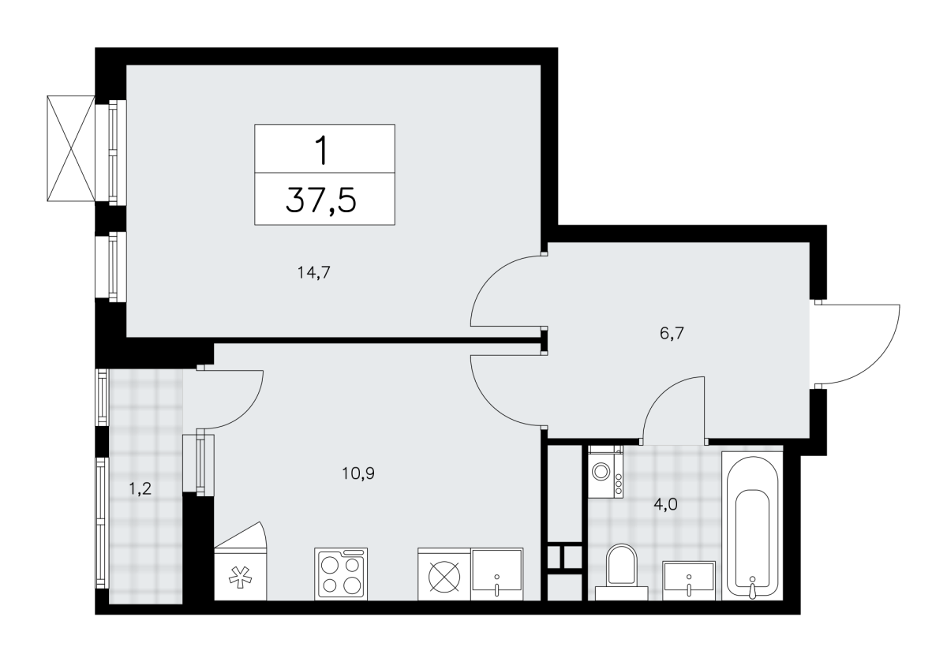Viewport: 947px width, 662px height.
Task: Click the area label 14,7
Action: [x=313, y=273]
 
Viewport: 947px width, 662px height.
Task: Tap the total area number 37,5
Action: [x=321, y=200]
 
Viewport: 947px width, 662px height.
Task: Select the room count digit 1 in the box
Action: [x=323, y=150]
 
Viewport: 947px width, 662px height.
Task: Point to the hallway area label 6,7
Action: [x=672, y=334]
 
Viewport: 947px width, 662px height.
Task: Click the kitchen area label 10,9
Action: [x=358, y=473]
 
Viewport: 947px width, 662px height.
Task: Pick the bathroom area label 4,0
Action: [x=666, y=504]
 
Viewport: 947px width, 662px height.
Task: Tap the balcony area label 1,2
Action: [x=140, y=489]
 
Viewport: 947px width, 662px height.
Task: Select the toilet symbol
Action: [x=622, y=571]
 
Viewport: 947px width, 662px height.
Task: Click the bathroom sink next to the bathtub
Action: [x=689, y=581]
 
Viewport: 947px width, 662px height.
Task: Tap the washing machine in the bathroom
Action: [x=605, y=471]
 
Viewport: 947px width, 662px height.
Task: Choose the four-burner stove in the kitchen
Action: [x=341, y=574]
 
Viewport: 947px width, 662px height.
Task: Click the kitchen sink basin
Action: [x=496, y=574]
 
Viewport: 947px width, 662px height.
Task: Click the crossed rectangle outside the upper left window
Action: [x=71, y=148]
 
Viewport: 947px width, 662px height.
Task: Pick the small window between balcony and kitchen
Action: [x=199, y=464]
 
